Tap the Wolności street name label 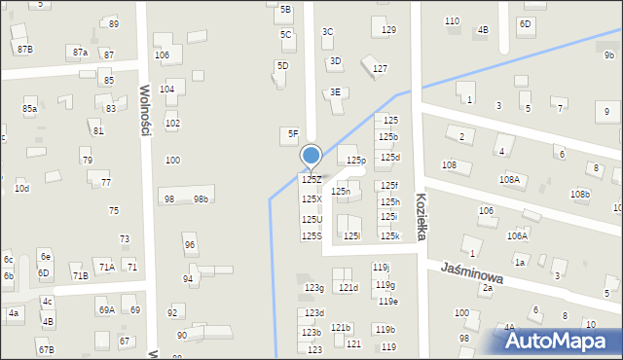[x=144, y=109]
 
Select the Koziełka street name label [x=421, y=210]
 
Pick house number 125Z [x=311, y=180]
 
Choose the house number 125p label [x=356, y=160]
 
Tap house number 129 [x=388, y=31]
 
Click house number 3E [x=336, y=92]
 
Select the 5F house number [x=291, y=133]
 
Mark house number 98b [x=201, y=199]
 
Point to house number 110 [x=452, y=21]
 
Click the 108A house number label [x=509, y=180]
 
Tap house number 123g [x=313, y=288]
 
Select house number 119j [x=382, y=268]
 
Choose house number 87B [x=24, y=49]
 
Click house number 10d [x=21, y=188]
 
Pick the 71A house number [x=106, y=267]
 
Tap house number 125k [x=389, y=235]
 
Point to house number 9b [x=608, y=55]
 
